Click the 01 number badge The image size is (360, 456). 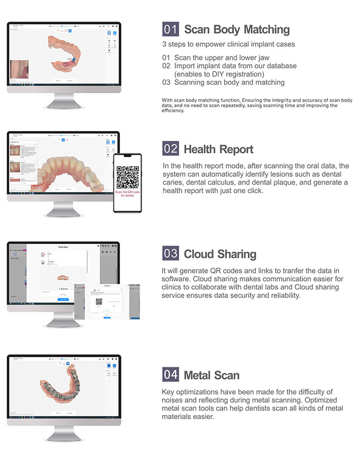[x=171, y=30]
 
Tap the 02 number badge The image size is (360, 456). [x=171, y=149]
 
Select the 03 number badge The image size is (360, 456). [x=171, y=254]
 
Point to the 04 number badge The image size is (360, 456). [x=171, y=375]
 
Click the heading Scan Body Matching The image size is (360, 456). [x=237, y=30]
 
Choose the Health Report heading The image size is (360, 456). [x=218, y=149]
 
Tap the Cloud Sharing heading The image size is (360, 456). [x=220, y=254]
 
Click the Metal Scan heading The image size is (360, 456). [x=211, y=375]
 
